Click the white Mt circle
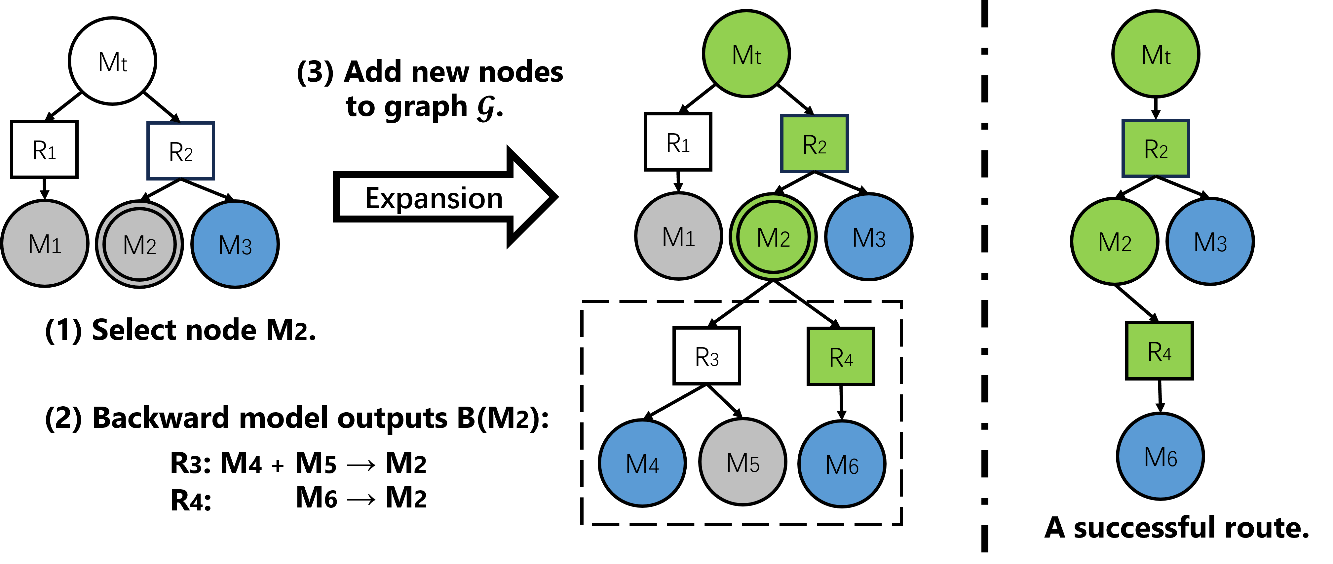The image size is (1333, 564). [x=112, y=61]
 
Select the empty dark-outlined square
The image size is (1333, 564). [x=181, y=151]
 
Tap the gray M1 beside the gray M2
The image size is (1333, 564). [x=45, y=243]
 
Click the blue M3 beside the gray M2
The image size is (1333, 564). [x=235, y=244]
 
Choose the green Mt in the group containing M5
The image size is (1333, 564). [x=746, y=54]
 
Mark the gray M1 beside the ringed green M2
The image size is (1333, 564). [x=678, y=236]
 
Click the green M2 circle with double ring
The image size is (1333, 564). [x=773, y=237]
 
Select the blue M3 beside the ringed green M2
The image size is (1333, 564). [x=869, y=237]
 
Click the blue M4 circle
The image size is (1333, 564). [x=642, y=463]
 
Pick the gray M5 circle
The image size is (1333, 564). [x=743, y=462]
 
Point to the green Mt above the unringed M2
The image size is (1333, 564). [x=1156, y=54]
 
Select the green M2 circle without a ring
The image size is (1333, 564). [x=1115, y=241]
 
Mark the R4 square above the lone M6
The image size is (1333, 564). [x=1159, y=351]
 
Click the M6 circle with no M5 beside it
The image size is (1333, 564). [x=1160, y=456]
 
